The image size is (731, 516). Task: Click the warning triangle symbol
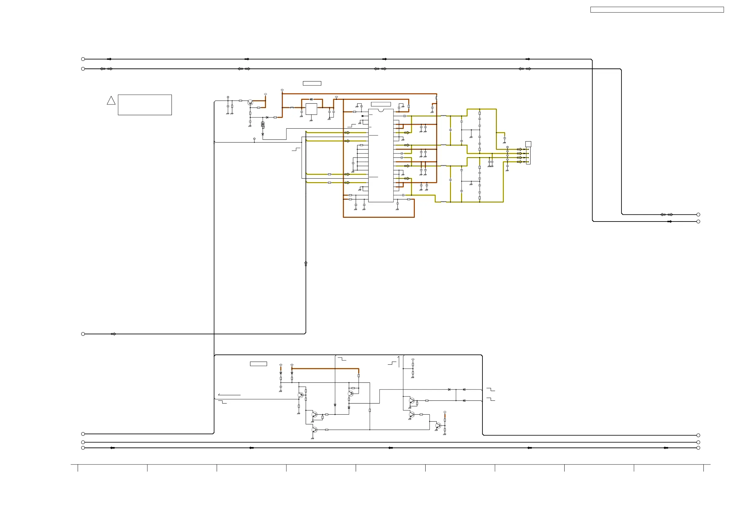[111, 101]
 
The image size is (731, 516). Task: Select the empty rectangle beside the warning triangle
[145, 104]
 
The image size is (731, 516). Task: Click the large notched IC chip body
[381, 155]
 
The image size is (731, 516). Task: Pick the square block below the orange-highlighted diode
[311, 109]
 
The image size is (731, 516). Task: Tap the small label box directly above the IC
[381, 104]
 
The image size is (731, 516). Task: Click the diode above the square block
[311, 99]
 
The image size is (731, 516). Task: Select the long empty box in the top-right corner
[657, 10]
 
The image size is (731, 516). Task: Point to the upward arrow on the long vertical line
[306, 263]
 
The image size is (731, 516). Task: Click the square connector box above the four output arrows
[528, 144]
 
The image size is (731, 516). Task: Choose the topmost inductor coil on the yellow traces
[443, 116]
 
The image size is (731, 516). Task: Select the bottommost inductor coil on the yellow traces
[443, 202]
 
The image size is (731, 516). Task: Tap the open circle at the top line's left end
[83, 59]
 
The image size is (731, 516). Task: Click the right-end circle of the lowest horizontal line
[698, 448]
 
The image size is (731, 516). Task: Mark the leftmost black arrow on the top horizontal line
[109, 59]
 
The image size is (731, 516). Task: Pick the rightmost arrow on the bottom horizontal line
[666, 448]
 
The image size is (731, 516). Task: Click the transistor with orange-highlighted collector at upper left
[250, 102]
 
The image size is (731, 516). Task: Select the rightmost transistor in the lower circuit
[438, 425]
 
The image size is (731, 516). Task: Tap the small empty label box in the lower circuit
[258, 364]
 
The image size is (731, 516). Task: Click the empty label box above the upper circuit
[312, 83]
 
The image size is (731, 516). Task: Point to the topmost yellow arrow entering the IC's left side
[347, 133]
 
